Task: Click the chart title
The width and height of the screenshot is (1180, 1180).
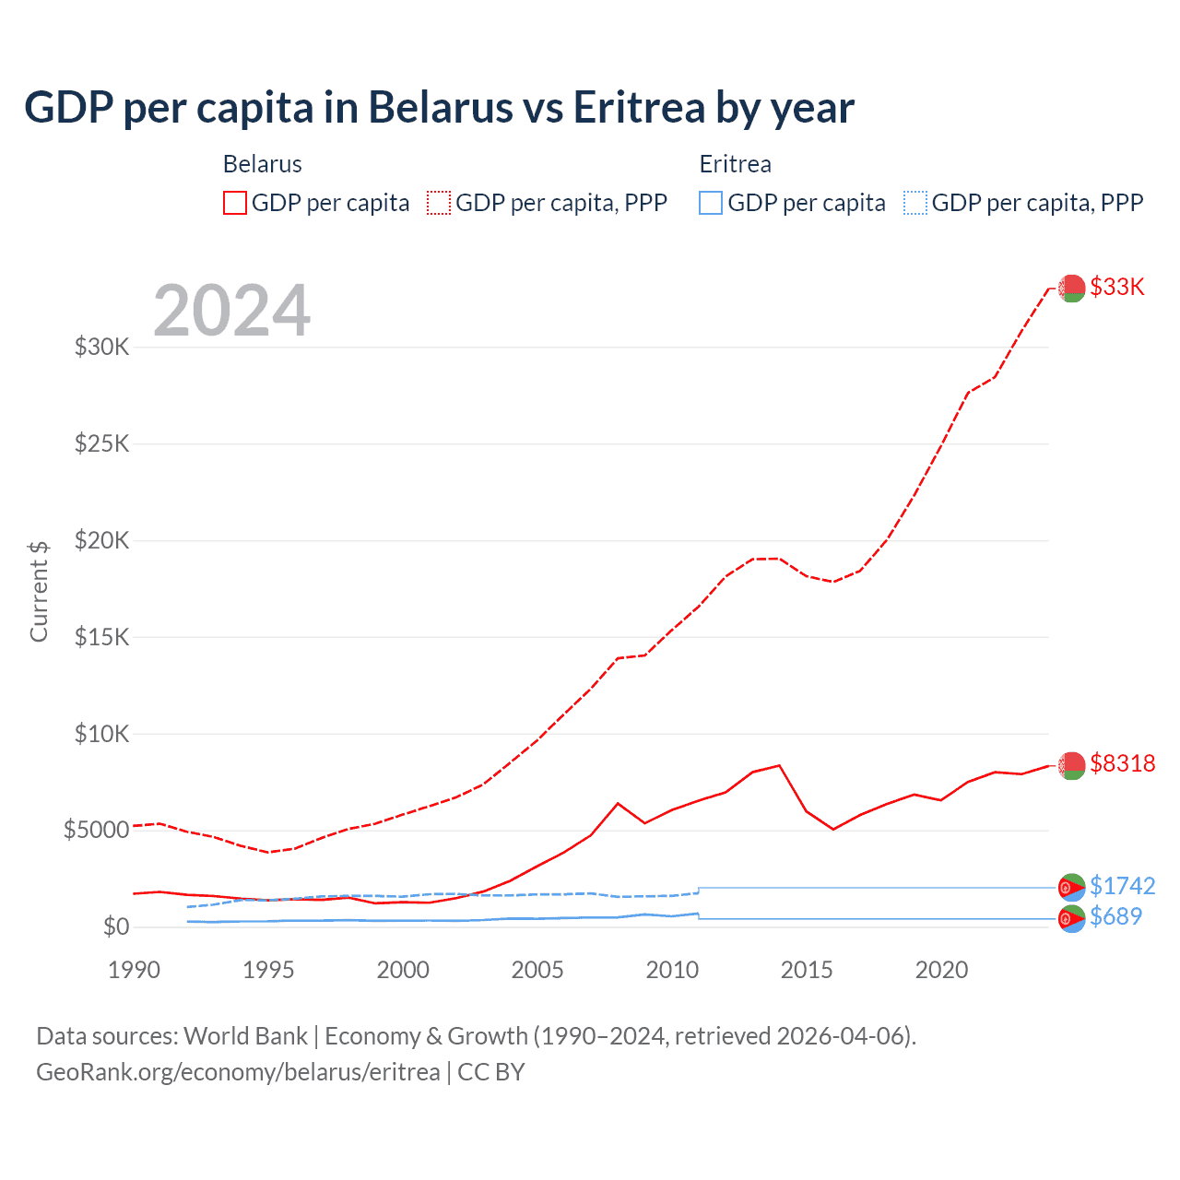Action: [439, 108]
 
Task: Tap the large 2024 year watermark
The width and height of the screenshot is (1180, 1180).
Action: [231, 311]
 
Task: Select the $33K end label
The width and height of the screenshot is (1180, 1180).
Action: [1116, 287]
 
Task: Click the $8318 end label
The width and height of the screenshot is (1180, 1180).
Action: [1122, 763]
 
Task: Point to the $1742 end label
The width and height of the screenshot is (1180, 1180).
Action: [1122, 886]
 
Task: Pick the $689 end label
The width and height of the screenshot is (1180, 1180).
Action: [1115, 916]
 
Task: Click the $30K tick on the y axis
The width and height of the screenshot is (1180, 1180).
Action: [102, 348]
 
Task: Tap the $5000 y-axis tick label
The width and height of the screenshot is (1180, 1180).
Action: [96, 830]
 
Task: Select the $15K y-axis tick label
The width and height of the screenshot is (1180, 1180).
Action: [102, 637]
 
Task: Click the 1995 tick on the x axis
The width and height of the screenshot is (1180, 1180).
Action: [268, 970]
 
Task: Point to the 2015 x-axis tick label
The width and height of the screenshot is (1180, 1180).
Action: [807, 970]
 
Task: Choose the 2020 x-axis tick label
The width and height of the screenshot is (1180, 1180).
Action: [941, 970]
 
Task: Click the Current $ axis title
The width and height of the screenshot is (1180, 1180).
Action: [39, 591]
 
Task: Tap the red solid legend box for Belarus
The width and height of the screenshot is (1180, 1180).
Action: [235, 203]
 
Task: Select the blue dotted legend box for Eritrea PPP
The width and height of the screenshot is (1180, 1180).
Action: [915, 203]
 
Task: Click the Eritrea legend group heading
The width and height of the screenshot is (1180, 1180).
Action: [735, 164]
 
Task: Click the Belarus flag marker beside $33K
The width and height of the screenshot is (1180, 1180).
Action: [1071, 288]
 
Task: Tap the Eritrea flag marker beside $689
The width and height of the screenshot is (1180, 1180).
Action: [1071, 918]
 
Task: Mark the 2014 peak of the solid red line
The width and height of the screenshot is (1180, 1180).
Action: [780, 765]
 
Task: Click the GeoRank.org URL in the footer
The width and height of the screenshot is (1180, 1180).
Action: [238, 1072]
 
